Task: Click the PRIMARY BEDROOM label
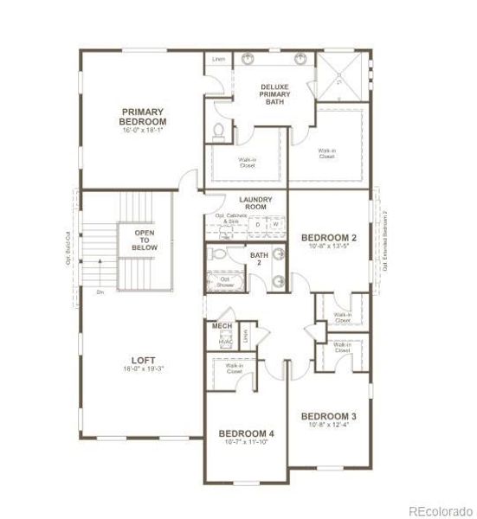coord(143,117)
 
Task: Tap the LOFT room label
coord(143,362)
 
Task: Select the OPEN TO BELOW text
coord(144,240)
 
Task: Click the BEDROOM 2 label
coord(329,237)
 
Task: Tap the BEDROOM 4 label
coord(246,432)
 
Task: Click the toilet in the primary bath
coord(218,132)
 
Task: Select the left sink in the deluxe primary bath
coord(250,61)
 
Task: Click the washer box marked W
coord(275,225)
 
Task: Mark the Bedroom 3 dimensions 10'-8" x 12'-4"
coord(329,426)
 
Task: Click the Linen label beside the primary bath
coord(219,60)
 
